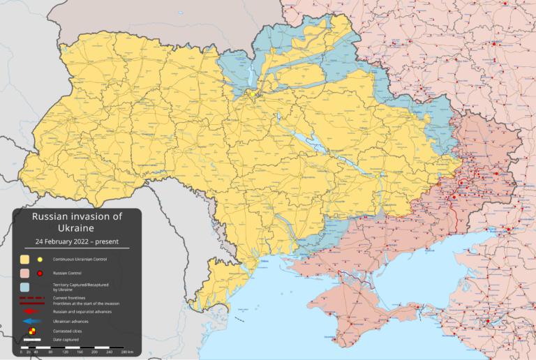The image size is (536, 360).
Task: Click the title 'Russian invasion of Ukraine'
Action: pos(77,222)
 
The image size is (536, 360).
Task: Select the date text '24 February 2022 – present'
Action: pos(77,241)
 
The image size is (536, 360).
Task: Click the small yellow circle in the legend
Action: pos(40,260)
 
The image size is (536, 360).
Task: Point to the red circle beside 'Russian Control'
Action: pos(40,273)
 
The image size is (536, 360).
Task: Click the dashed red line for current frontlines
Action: pos(32,298)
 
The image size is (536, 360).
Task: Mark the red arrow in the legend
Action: pos(32,311)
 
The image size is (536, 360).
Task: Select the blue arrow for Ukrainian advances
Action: pos(32,321)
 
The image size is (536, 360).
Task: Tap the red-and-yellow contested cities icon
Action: pos(32,331)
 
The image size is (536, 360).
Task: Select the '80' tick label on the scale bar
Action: pos(50,352)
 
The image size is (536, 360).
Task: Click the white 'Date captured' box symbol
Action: pos(32,340)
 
